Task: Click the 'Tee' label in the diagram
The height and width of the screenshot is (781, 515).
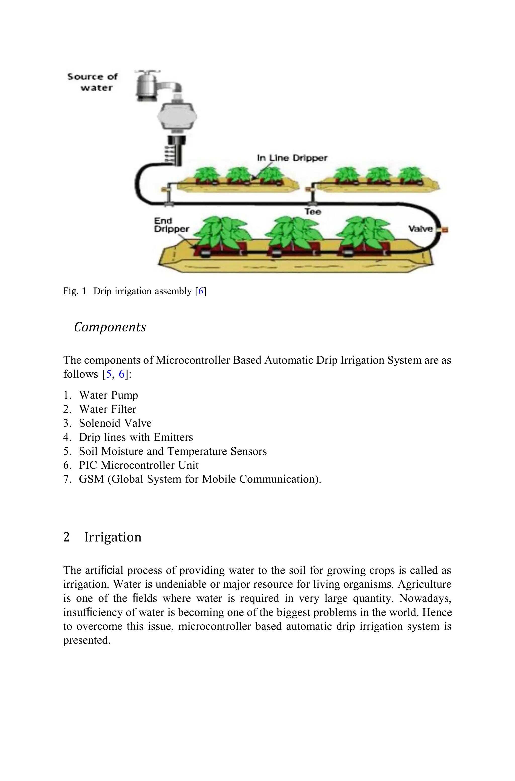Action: click(x=312, y=211)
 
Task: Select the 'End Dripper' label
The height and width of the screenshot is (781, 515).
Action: click(x=171, y=225)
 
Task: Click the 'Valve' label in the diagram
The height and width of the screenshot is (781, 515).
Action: click(x=420, y=229)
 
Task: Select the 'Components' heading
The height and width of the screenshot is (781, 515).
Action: click(x=110, y=327)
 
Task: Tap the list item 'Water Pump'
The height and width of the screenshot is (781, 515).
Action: click(x=108, y=395)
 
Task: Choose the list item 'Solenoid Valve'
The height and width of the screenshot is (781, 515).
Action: click(x=115, y=423)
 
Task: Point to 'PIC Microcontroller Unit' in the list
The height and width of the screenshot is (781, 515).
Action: click(x=139, y=465)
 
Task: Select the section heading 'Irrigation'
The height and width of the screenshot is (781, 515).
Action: click(x=113, y=537)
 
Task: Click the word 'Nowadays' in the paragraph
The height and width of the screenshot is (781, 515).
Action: click(x=425, y=598)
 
